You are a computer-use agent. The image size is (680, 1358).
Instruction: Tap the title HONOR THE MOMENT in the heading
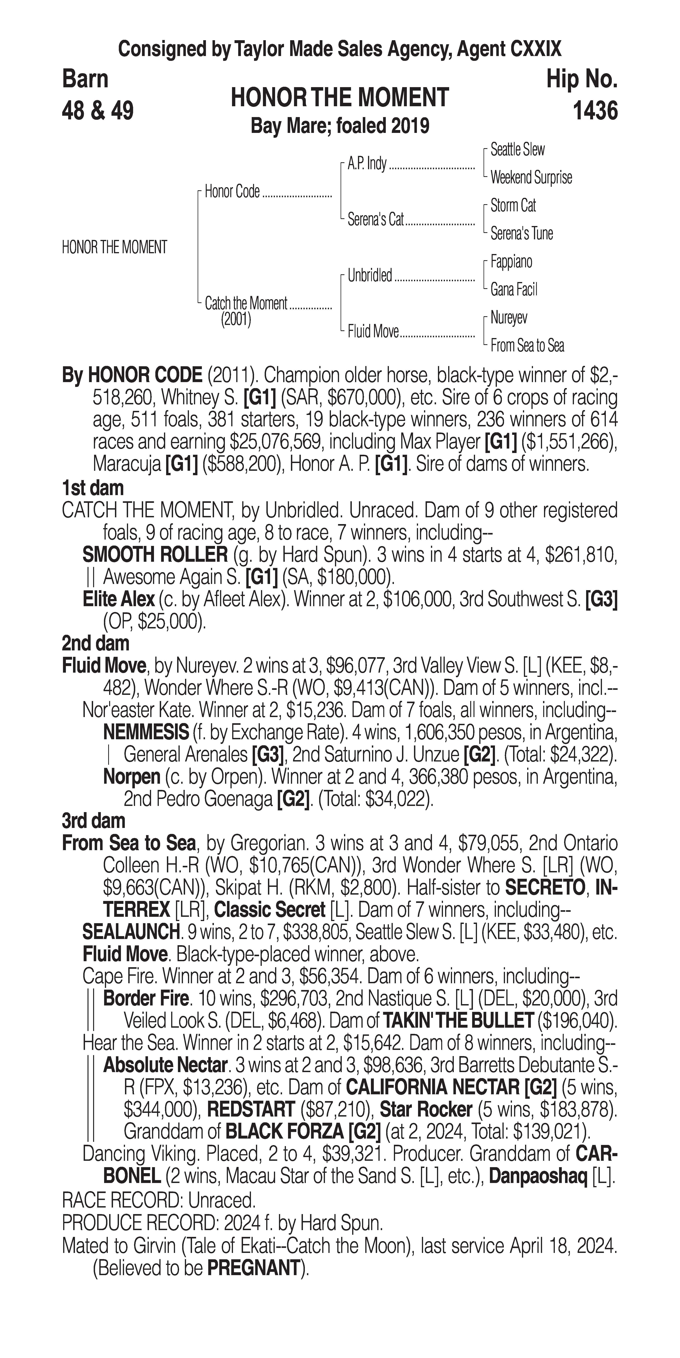(x=339, y=98)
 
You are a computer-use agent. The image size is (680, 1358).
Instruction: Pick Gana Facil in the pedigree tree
(x=513, y=289)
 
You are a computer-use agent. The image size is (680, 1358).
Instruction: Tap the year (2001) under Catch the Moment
(x=236, y=320)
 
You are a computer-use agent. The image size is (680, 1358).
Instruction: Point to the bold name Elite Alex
(x=119, y=599)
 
